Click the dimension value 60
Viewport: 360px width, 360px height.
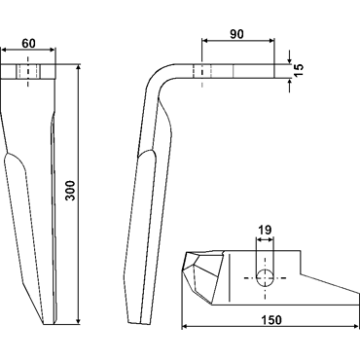(28, 43)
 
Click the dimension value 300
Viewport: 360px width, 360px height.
(70, 191)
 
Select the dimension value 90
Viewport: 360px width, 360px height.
(236, 34)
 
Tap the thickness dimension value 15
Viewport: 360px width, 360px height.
(299, 70)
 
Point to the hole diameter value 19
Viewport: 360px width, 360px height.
(265, 231)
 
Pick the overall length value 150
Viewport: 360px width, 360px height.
(271, 320)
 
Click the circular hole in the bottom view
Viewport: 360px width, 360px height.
(265, 278)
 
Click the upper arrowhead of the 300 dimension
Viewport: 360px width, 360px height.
(78, 67)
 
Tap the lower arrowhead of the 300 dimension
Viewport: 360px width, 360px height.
(78, 320)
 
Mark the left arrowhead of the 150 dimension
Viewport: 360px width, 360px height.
(185, 327)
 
